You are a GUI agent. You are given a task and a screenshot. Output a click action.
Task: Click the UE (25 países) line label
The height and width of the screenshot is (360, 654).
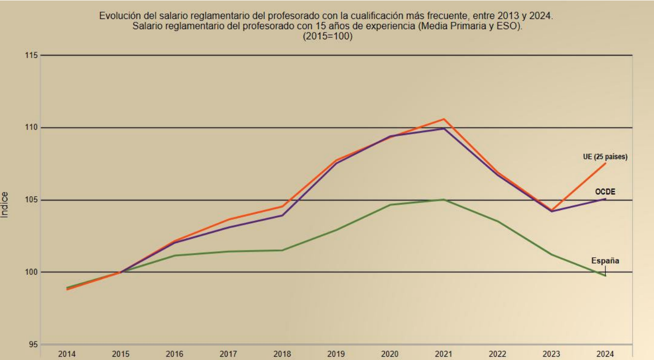coord(605,157)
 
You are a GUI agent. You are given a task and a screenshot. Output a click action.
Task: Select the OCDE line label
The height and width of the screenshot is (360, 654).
coord(605,192)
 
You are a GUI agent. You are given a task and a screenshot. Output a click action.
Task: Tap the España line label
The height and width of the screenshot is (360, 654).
coord(605,261)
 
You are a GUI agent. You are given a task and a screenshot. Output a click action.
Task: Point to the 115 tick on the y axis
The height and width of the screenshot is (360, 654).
coord(31,55)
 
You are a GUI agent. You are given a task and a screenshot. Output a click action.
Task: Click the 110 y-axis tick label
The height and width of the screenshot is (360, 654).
coord(31,127)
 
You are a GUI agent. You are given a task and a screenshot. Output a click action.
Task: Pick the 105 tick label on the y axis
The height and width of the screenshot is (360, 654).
coord(31,200)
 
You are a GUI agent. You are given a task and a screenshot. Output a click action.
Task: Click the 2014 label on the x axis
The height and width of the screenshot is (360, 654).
coord(67,354)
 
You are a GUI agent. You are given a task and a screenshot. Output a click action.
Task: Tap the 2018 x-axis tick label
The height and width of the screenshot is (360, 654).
coord(282,354)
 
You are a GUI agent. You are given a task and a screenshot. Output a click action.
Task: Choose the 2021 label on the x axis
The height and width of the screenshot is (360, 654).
coord(444,354)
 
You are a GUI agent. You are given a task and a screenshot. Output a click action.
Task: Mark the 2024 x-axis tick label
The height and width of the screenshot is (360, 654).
coord(605,354)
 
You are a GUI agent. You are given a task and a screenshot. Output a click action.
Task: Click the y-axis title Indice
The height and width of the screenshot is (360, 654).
coord(4,205)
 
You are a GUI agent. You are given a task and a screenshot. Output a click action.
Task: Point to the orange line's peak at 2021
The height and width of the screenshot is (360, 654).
coord(444,119)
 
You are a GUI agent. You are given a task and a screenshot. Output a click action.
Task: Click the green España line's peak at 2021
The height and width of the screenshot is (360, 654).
coord(444,199)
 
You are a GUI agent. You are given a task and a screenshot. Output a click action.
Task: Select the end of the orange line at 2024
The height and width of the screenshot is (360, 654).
coord(605,163)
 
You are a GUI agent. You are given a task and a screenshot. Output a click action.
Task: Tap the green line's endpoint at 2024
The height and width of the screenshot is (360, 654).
coord(605,275)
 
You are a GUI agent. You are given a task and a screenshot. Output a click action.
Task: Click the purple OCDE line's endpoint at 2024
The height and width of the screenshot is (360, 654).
coord(605,199)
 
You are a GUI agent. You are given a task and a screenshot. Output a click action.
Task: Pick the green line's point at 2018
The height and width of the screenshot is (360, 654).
coord(282,250)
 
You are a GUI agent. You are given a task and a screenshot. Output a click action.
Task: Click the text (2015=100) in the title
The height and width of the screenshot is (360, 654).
coord(327,36)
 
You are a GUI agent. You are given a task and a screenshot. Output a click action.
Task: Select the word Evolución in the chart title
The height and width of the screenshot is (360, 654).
coord(120,15)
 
